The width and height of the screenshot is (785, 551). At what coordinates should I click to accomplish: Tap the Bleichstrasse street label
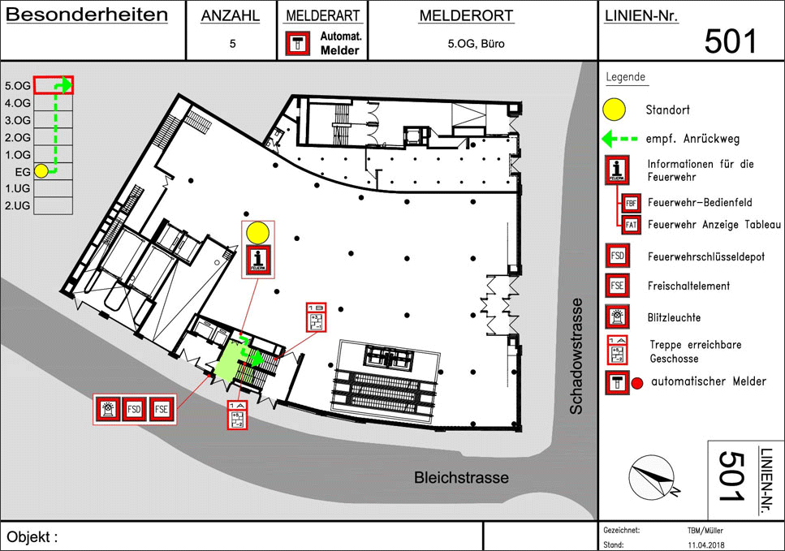(462, 478)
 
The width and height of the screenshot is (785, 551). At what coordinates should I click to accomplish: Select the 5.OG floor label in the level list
(18, 85)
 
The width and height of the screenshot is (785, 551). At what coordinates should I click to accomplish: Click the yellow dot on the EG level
(41, 172)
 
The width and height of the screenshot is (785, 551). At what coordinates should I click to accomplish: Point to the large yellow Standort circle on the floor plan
(258, 233)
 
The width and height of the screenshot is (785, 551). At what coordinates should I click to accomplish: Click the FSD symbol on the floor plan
(135, 409)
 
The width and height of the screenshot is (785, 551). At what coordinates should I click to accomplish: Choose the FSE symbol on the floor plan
(162, 409)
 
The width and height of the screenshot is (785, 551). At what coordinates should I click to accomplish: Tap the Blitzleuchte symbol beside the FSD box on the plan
(108, 409)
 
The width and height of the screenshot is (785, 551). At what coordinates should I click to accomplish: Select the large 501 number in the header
(730, 41)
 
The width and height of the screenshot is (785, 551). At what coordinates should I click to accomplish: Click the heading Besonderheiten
(87, 15)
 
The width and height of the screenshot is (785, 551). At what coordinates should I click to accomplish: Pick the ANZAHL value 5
(232, 45)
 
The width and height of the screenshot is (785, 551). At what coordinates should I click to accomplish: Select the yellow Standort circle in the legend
(615, 109)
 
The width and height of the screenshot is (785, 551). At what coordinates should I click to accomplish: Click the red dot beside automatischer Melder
(637, 382)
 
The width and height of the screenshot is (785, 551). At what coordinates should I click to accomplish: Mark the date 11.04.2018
(704, 545)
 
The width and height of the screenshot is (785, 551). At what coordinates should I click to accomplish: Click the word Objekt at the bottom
(32, 536)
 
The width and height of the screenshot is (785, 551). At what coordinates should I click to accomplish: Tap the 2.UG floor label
(18, 206)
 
